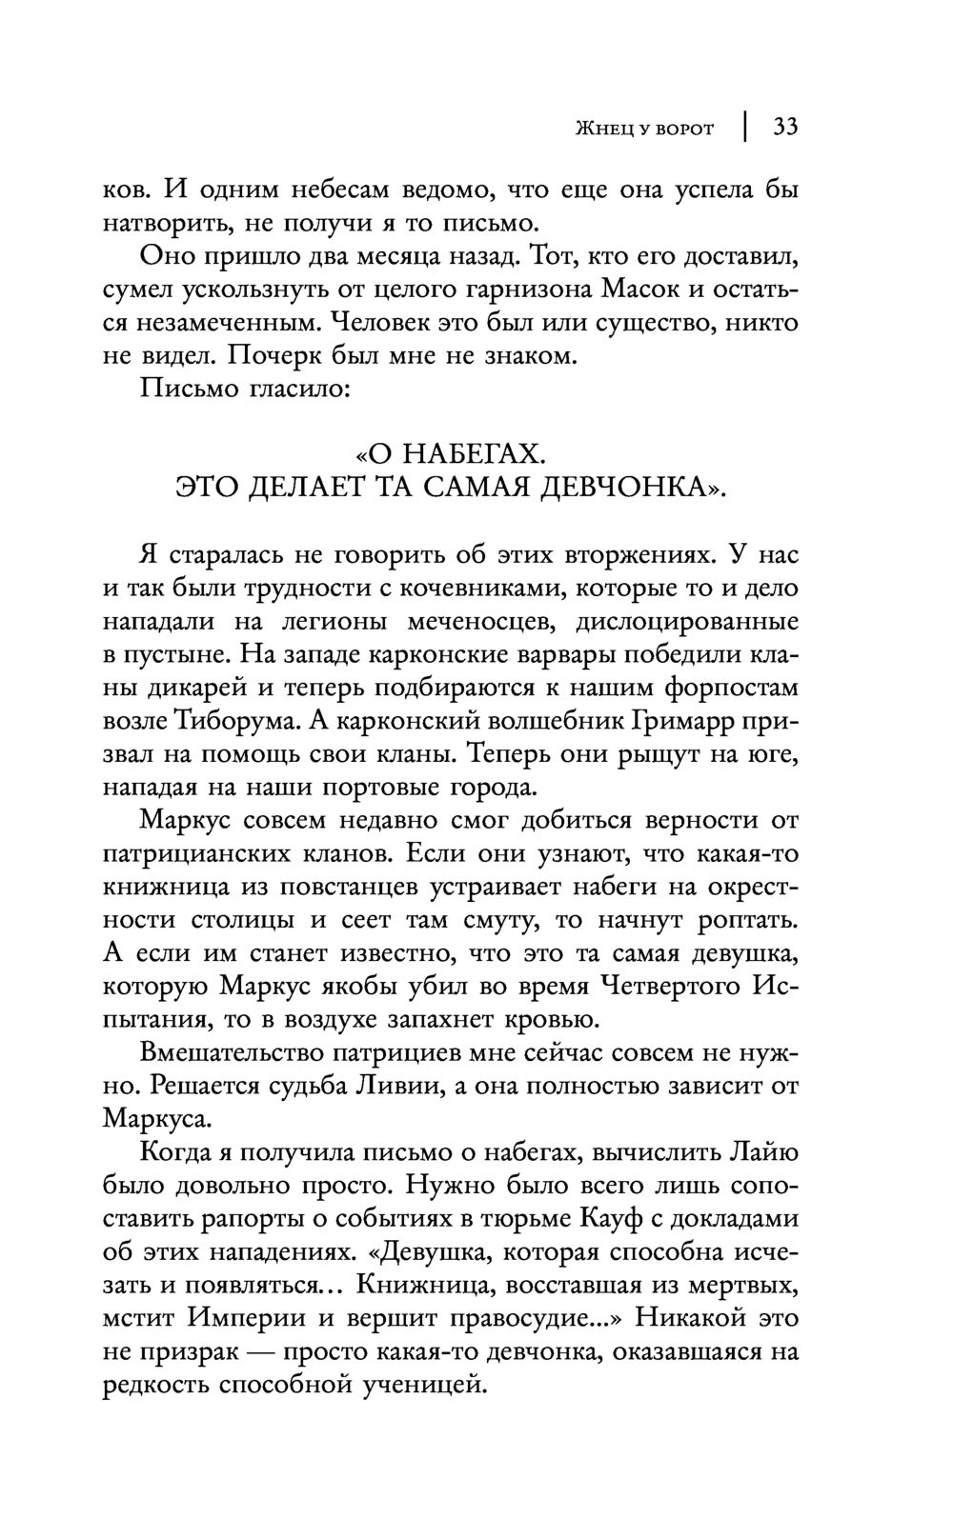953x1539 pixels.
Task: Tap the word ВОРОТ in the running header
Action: pos(682,129)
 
